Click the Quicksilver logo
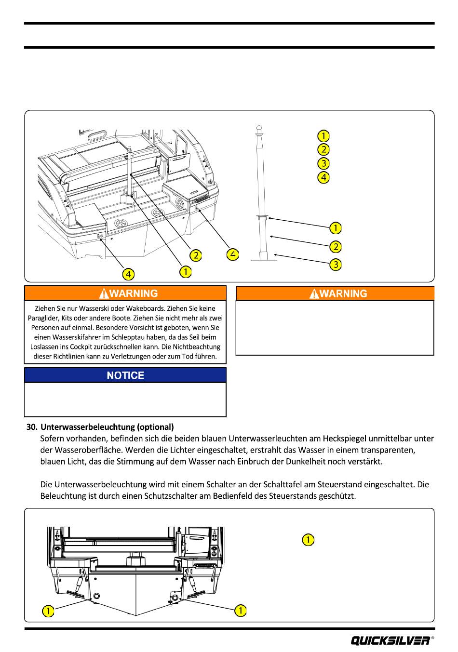391,640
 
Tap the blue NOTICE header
125,375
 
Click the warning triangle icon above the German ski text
103,293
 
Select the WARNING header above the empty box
335,293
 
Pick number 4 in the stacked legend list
323,177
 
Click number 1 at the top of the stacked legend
323,135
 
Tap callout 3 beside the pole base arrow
336,265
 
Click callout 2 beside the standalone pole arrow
336,246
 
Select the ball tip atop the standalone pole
258,129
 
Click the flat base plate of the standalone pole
264,260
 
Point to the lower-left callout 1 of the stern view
48,611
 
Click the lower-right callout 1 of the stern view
240,611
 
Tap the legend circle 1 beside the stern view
308,540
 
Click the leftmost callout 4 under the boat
128,274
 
